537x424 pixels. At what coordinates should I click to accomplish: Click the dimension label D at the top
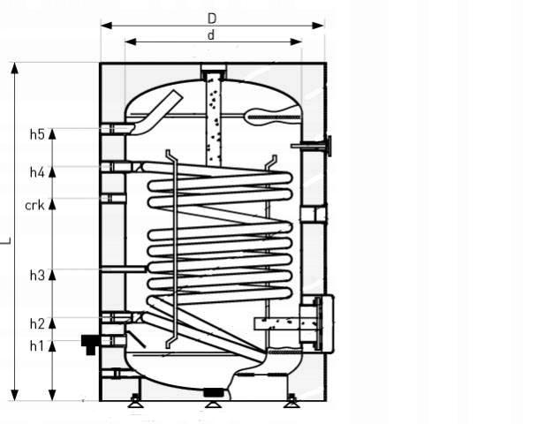click(212, 19)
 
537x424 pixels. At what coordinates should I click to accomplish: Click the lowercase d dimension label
click(211, 35)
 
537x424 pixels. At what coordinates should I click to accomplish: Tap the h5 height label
click(37, 134)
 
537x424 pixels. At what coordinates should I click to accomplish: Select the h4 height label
click(37, 172)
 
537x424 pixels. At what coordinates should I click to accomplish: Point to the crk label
click(35, 206)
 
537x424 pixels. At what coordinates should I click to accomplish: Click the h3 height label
click(37, 275)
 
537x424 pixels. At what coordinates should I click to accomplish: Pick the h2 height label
click(37, 323)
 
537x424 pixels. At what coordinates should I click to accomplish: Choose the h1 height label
click(37, 346)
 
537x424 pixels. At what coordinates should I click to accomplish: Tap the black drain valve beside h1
click(89, 344)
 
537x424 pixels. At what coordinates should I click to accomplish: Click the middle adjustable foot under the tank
click(213, 405)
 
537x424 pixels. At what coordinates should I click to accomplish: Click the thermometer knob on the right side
click(329, 147)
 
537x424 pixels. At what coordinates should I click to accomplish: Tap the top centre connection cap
click(214, 71)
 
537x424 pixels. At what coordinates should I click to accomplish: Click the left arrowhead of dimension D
click(107, 26)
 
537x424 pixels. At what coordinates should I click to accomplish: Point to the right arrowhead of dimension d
click(296, 42)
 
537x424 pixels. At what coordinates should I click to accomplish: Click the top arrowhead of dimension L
click(14, 69)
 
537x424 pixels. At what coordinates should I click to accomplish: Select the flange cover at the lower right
click(326, 324)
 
